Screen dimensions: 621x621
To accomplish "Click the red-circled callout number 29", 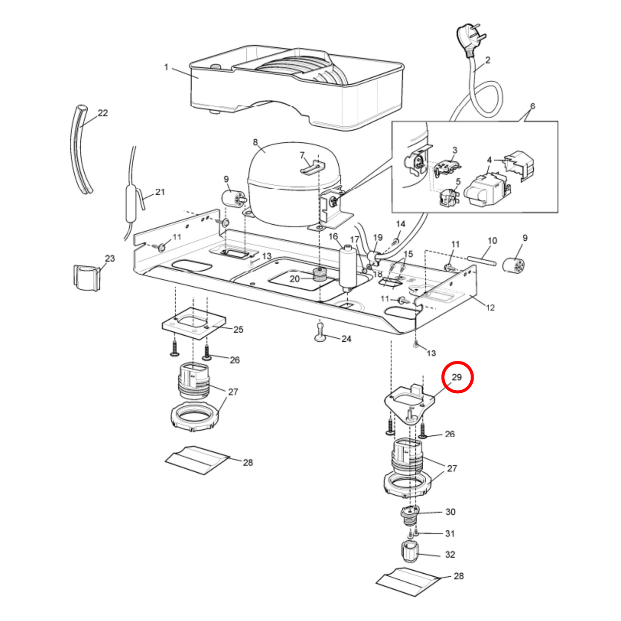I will coord(456,377).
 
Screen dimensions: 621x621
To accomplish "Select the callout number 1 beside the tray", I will coord(166,67).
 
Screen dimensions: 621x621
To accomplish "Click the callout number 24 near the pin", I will coord(346,339).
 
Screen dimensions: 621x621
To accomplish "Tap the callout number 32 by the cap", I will coord(450,554).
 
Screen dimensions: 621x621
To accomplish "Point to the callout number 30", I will coord(450,512).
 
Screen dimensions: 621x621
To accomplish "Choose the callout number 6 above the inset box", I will coord(532,106).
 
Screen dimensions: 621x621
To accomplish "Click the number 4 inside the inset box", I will coord(489,160).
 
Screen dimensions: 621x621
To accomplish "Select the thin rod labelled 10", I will coord(482,260).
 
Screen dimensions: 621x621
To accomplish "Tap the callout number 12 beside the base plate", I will coord(490,308).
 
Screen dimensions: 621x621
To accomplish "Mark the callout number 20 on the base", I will coord(294,279).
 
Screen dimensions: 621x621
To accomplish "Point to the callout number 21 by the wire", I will coord(160,192).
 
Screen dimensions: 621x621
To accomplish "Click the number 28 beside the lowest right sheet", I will coord(459,576).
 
